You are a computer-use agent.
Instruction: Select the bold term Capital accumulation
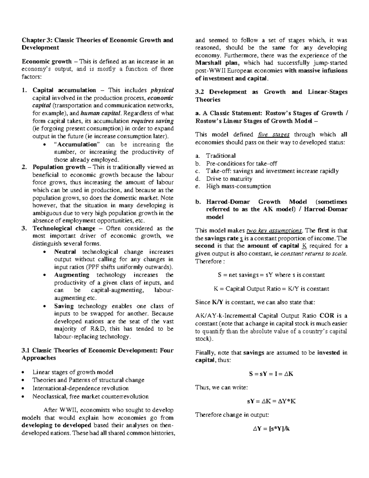[64, 90]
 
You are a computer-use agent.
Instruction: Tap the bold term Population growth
[59, 167]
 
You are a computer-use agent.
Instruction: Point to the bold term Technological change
[64, 228]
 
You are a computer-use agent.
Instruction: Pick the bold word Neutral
[65, 252]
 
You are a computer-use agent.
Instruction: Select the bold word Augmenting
[72, 275]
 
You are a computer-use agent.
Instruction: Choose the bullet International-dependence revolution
[81, 388]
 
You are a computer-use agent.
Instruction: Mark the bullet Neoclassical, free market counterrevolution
[90, 396]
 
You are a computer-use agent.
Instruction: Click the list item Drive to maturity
[229, 179]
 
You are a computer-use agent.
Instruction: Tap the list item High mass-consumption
[239, 186]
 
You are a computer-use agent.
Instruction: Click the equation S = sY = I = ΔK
[271, 374]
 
